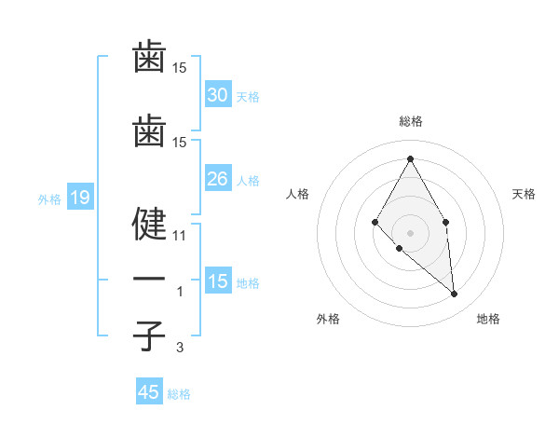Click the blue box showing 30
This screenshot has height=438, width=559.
pyautogui.click(x=217, y=95)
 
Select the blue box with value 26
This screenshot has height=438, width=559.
pyautogui.click(x=217, y=179)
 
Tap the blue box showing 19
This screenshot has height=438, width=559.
pyautogui.click(x=79, y=198)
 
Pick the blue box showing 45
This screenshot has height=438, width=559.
pyautogui.click(x=148, y=392)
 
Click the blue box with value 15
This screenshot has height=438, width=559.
pyautogui.click(x=217, y=281)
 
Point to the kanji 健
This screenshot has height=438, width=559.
pyautogui.click(x=149, y=224)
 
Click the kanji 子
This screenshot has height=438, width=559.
pyautogui.click(x=149, y=335)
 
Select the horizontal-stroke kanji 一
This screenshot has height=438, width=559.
pyautogui.click(x=149, y=280)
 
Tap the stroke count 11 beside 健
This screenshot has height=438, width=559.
pyautogui.click(x=180, y=236)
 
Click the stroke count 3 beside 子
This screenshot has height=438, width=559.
pyautogui.click(x=181, y=348)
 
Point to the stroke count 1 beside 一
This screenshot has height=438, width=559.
pyautogui.click(x=181, y=292)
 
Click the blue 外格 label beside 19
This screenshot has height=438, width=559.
pyautogui.click(x=49, y=198)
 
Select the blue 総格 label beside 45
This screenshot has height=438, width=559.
pyautogui.click(x=179, y=394)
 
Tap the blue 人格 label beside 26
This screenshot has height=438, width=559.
pyautogui.click(x=248, y=181)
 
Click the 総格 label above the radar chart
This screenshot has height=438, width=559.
pyautogui.click(x=411, y=121)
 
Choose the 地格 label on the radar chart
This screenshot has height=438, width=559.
pyautogui.click(x=488, y=319)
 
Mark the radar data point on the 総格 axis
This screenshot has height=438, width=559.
pyautogui.click(x=411, y=158)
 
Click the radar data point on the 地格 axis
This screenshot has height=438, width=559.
pyautogui.click(x=455, y=294)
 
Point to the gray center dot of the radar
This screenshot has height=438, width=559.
pyautogui.click(x=411, y=232)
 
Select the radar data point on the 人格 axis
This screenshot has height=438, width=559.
pyautogui.click(x=375, y=222)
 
